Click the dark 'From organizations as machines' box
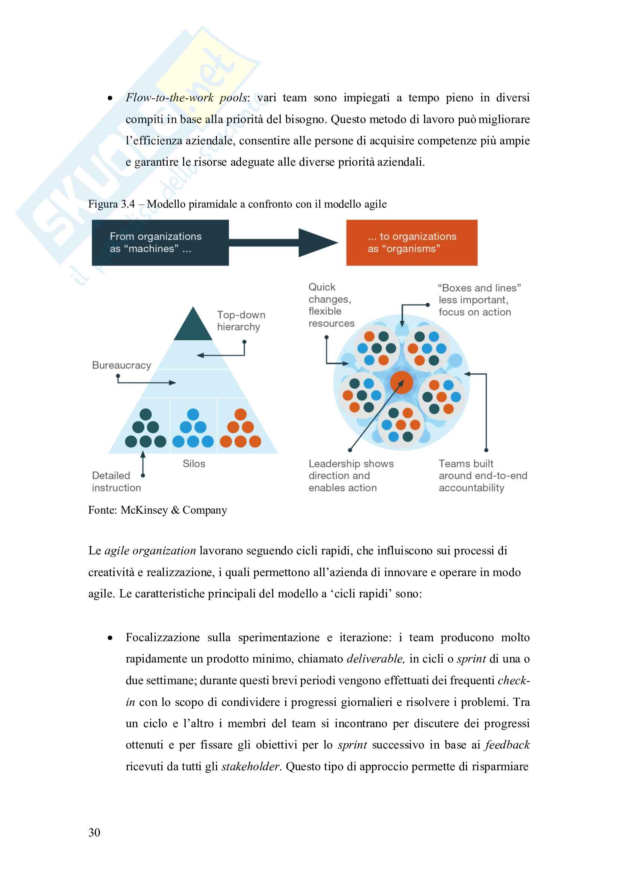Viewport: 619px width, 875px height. point(160,242)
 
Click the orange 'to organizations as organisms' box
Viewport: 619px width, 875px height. point(412,242)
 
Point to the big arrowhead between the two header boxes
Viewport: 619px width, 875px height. point(316,242)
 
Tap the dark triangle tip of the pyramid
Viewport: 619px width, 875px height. point(193,326)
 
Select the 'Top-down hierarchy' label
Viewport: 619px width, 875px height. point(241,321)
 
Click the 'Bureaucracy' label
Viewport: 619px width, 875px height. point(122,365)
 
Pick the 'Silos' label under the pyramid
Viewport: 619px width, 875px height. point(193,463)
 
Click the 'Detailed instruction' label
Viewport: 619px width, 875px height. point(116,481)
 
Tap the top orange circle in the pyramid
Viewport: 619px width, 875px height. point(241,414)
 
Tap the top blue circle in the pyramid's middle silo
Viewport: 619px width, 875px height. point(193,414)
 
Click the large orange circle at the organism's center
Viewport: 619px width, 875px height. point(401,382)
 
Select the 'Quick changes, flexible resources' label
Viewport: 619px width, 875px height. point(331,305)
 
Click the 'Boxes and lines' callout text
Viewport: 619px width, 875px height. point(479,300)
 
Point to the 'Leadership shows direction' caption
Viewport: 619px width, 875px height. point(351,475)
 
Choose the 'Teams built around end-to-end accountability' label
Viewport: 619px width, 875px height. point(482,475)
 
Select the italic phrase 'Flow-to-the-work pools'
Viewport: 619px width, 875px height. point(186,98)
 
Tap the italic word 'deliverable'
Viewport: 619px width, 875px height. point(375,659)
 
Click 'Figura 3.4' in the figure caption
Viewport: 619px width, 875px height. point(111,204)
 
